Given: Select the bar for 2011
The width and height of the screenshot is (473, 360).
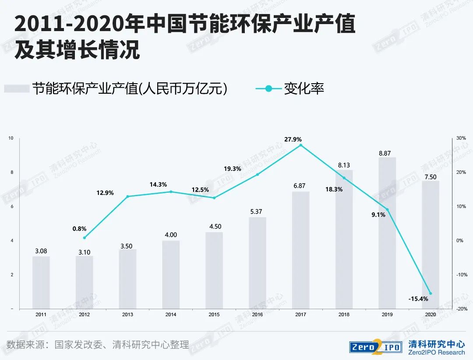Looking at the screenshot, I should pyautogui.click(x=41, y=282).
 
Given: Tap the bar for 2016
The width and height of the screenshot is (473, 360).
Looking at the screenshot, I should pyautogui.click(x=257, y=263).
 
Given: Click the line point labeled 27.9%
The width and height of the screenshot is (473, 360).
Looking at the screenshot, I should pyautogui.click(x=300, y=145).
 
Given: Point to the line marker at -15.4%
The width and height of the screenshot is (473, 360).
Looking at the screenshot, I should pyautogui.click(x=430, y=293).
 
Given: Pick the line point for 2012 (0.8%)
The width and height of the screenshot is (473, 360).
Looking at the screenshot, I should pyautogui.click(x=84, y=238).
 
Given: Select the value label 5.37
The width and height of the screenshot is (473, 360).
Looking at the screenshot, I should pyautogui.click(x=257, y=212).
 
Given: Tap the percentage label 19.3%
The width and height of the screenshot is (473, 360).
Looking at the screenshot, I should pyautogui.click(x=232, y=169).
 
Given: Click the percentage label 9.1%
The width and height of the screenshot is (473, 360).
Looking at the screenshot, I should pyautogui.click(x=378, y=215).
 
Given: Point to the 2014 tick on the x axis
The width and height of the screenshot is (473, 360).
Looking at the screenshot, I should pyautogui.click(x=171, y=314).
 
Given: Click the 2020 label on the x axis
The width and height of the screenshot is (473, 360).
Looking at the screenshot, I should pyautogui.click(x=430, y=314).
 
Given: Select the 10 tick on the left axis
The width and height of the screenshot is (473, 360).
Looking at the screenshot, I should pyautogui.click(x=11, y=138).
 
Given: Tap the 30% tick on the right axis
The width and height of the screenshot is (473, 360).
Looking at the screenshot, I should pyautogui.click(x=461, y=138).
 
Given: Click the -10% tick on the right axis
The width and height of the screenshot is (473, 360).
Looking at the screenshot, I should pyautogui.click(x=462, y=275).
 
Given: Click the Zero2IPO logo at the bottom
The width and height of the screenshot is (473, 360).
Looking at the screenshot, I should pyautogui.click(x=375, y=346).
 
